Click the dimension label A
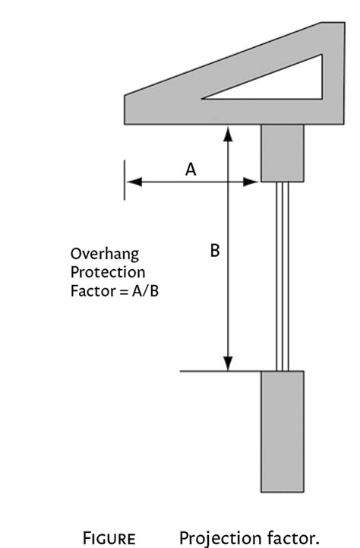(x=191, y=170)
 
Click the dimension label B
(x=215, y=250)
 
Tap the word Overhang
(x=105, y=254)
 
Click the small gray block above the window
(x=283, y=153)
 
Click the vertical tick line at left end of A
(x=125, y=179)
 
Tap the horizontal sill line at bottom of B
(x=205, y=372)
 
